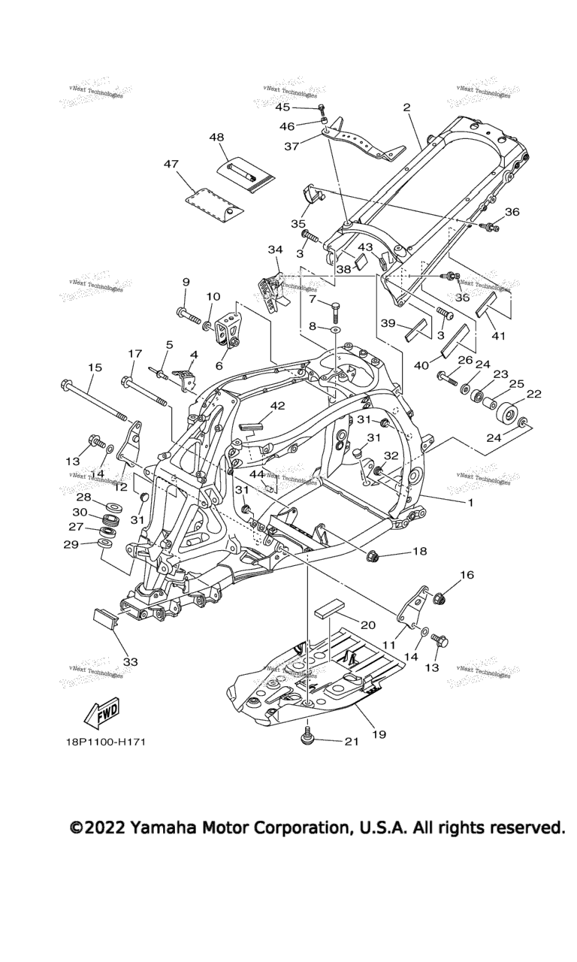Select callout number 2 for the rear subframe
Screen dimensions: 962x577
[x=406, y=107]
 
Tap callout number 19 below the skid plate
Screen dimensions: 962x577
[x=379, y=734]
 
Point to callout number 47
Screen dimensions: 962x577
[x=171, y=163]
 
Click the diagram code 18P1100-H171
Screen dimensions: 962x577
[x=104, y=743]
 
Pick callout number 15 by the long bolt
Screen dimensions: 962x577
[x=95, y=368]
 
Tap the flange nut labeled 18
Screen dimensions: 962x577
[x=370, y=556]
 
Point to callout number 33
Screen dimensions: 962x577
[x=130, y=661]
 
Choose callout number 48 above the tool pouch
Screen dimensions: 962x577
[x=195, y=138]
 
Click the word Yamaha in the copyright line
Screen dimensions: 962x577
[x=165, y=827]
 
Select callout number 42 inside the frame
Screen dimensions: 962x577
[x=278, y=407]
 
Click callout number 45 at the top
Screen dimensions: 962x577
[x=282, y=107]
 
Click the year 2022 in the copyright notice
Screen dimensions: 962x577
[x=104, y=827]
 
